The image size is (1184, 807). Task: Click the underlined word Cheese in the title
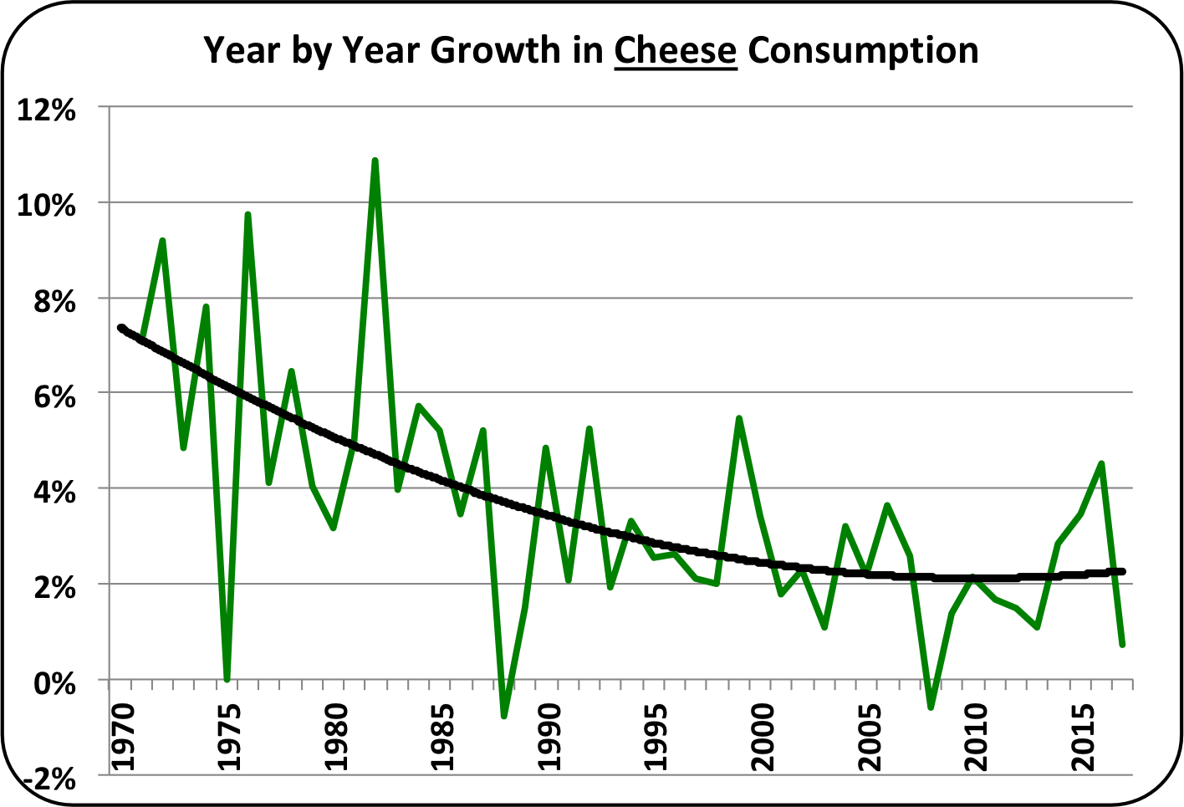(676, 50)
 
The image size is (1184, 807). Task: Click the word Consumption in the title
(863, 50)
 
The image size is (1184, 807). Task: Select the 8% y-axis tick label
(54, 300)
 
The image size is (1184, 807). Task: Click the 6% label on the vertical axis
(54, 396)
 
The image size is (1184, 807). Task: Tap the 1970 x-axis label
(122, 737)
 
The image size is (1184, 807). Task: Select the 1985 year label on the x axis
(442, 737)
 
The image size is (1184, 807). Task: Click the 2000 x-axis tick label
(763, 737)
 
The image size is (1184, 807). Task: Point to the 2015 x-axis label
(1084, 737)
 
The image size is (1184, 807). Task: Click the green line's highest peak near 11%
(375, 161)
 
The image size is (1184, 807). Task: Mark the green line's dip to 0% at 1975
(227, 678)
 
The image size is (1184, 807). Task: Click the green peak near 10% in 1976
(248, 215)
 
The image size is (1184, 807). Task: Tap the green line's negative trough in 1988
(504, 715)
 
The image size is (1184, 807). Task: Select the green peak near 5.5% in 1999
(739, 418)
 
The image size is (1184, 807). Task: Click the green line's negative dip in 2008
(931, 707)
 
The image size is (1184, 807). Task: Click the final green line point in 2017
(1122, 644)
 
